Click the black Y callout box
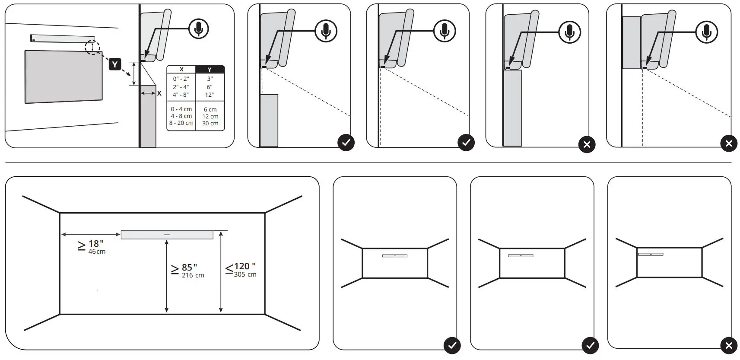pos(114,65)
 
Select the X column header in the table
pos(181,69)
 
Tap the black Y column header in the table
pos(210,69)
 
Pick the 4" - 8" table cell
pos(181,95)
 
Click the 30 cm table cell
pos(210,123)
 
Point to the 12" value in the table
pos(210,95)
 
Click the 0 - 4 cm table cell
pos(181,109)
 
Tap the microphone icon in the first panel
pos(199,29)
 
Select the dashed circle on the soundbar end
pos(92,47)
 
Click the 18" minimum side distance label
pos(95,244)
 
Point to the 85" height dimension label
pos(189,268)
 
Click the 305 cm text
pos(245,274)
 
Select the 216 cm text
pos(193,275)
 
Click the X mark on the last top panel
pos(729,143)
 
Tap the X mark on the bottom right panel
pos(729,345)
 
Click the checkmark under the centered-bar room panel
pos(452,345)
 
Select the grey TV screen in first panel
pos(64,76)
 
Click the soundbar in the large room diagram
pos(167,234)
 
